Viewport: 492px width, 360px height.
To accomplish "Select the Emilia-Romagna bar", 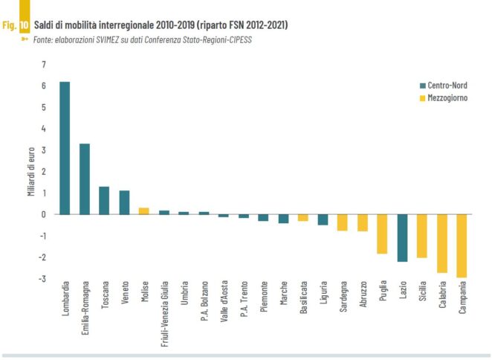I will coord(85,179).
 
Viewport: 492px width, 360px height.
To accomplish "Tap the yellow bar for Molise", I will coord(144,210).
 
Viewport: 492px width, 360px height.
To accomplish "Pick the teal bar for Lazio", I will coord(402,237).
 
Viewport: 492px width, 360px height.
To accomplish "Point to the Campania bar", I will coord(462,245).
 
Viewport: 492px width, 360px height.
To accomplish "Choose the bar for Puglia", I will coord(382,234).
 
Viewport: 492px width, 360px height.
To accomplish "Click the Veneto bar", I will coord(124,202).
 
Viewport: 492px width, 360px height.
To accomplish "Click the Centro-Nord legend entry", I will coord(447,85).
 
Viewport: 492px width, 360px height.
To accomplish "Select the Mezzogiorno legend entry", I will coord(447,98).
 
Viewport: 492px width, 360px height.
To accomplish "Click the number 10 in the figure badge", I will coord(25,25).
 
